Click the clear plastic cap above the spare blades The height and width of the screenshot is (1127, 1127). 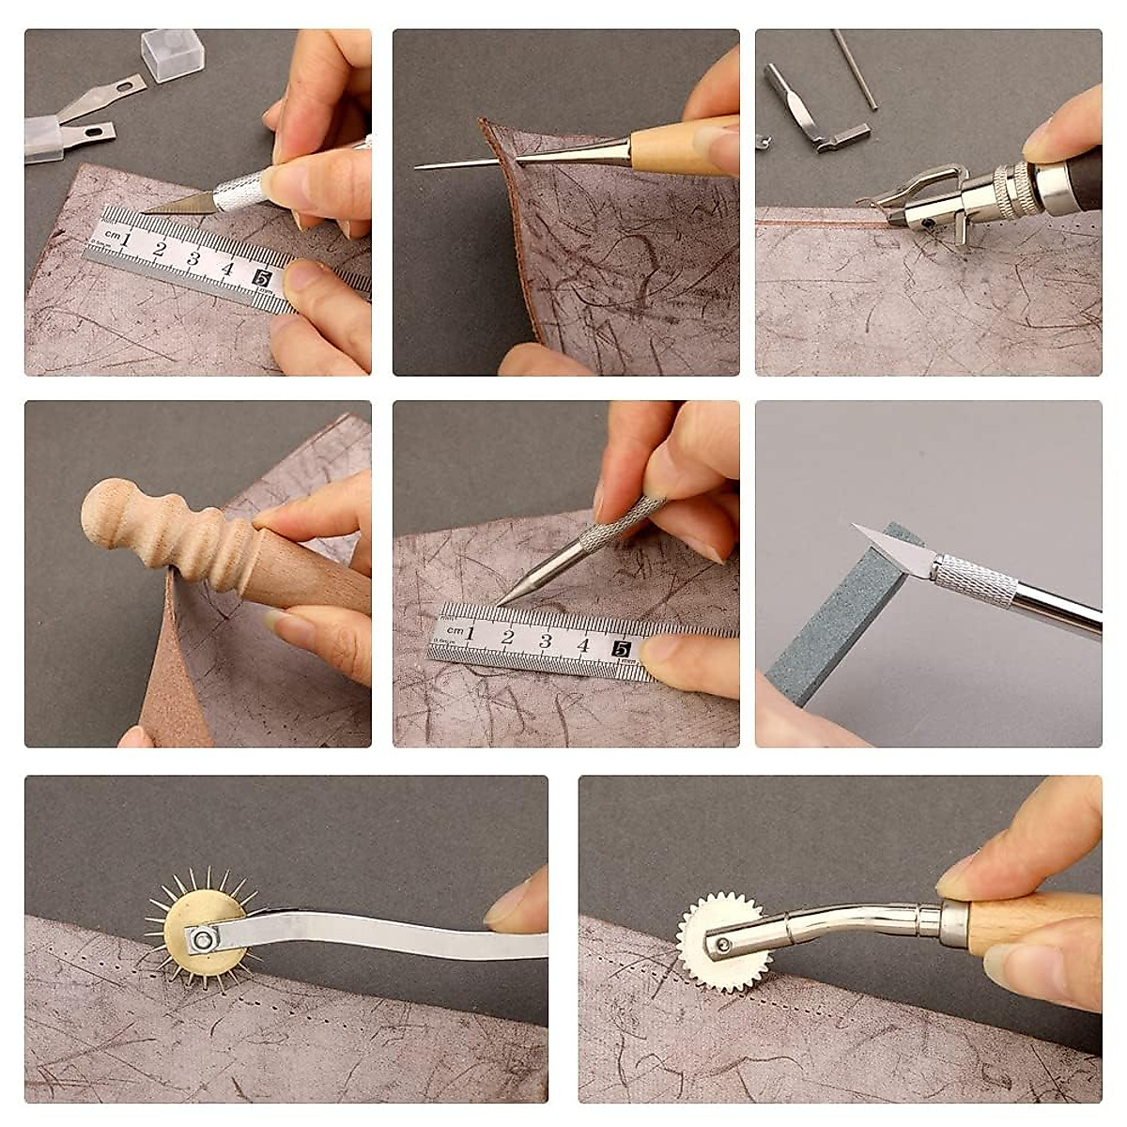(x=172, y=54)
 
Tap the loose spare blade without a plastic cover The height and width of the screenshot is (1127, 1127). (x=108, y=96)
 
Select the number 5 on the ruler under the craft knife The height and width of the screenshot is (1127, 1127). (x=262, y=277)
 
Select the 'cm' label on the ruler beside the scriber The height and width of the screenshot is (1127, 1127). (x=455, y=630)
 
